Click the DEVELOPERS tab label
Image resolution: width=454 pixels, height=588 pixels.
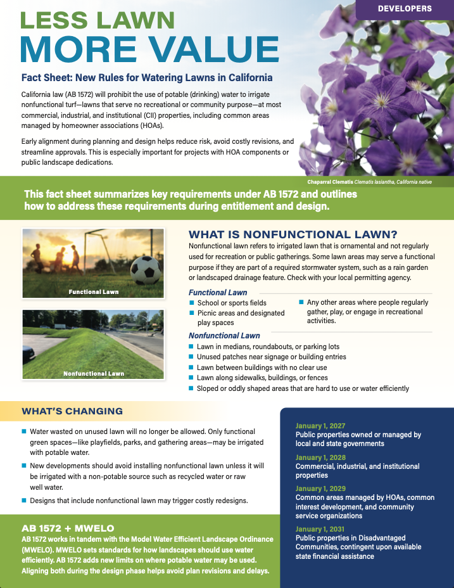coord(404,9)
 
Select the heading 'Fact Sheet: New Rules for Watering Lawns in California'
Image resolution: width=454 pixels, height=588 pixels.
coord(147,78)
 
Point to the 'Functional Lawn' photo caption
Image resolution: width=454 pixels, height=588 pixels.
coord(94,292)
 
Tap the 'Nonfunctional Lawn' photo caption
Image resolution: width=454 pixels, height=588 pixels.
coord(94,374)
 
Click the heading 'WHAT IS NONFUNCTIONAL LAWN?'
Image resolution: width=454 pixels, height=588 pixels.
coord(293,234)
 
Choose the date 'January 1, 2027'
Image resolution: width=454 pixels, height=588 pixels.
coord(320,426)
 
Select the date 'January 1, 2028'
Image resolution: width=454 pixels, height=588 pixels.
coord(320,457)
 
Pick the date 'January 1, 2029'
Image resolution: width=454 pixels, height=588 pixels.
coord(320,489)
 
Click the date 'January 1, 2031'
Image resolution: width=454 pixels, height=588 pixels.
coord(320,529)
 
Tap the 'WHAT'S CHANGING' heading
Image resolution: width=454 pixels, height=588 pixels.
coord(72,411)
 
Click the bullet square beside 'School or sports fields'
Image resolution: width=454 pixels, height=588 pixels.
coord(192,303)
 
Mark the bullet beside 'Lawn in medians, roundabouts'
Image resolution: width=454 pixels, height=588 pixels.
coord(192,347)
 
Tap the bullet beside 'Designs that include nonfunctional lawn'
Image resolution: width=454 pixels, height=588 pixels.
coord(24,501)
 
